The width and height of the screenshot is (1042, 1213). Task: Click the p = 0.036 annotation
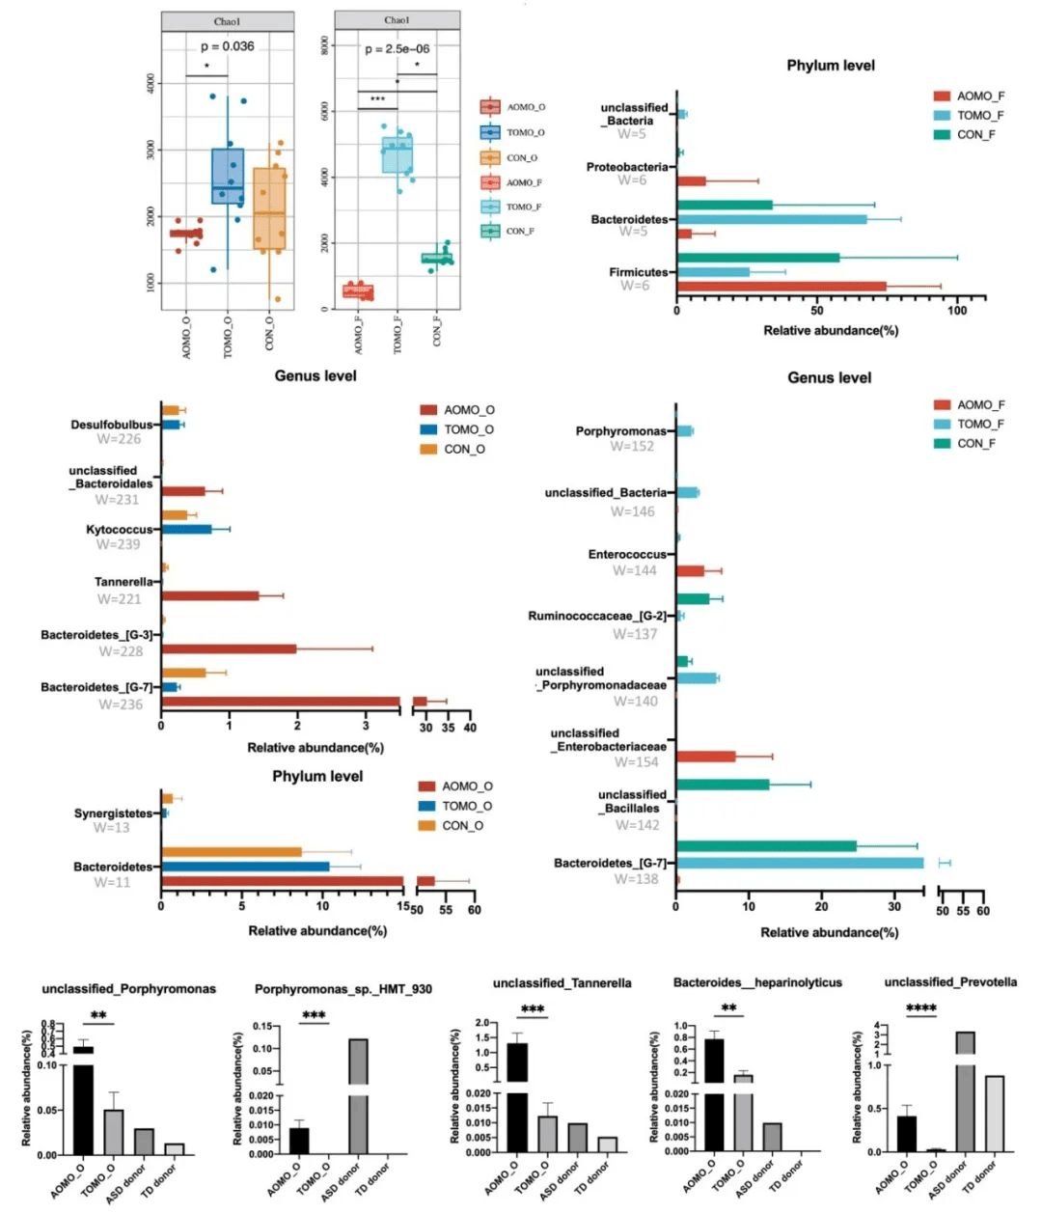(x=228, y=46)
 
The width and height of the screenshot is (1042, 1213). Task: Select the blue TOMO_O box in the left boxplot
(x=228, y=176)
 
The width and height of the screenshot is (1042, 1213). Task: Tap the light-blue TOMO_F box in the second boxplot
(x=397, y=155)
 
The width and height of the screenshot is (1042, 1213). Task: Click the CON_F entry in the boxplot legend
(x=520, y=232)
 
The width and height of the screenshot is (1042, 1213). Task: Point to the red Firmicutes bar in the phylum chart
(x=781, y=287)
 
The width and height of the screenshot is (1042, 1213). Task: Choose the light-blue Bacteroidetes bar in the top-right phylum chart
(x=772, y=219)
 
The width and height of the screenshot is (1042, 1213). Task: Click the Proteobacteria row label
(x=627, y=167)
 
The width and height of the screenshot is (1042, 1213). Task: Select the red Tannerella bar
(x=210, y=595)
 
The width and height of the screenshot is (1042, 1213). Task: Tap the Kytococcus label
(x=120, y=530)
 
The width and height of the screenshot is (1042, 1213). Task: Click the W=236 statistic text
(x=121, y=704)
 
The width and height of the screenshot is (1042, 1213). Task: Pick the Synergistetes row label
(x=114, y=813)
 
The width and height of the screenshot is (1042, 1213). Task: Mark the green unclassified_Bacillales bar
(x=723, y=785)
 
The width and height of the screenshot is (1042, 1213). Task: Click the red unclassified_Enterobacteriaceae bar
(x=706, y=757)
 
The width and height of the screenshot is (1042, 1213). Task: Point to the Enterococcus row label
(x=627, y=555)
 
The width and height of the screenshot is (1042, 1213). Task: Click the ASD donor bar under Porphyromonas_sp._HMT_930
(x=358, y=1095)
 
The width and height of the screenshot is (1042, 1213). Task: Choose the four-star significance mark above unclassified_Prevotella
(x=921, y=1009)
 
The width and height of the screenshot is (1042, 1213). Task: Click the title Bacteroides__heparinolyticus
(x=757, y=982)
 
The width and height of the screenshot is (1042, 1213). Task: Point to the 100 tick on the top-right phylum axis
(x=957, y=312)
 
